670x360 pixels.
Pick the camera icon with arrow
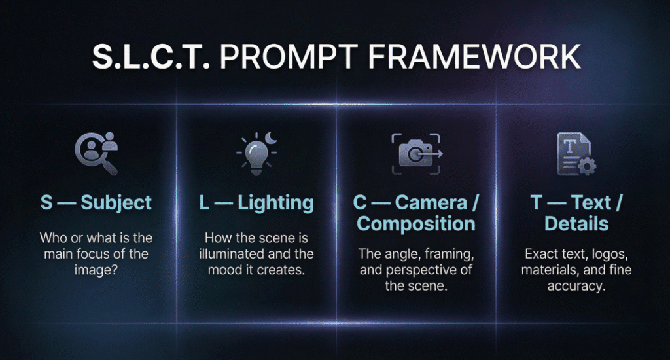click(x=416, y=154)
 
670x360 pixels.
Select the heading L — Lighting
click(x=256, y=202)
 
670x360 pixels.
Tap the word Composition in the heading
click(x=416, y=224)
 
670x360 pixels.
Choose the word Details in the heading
click(x=576, y=224)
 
